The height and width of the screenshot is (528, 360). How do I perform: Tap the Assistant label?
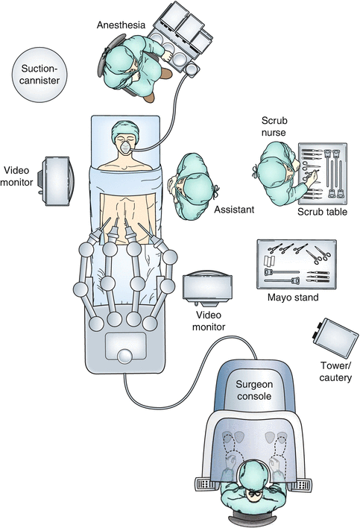pos(234,210)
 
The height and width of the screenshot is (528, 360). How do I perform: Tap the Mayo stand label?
pos(292,298)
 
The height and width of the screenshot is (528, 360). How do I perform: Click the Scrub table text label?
pos(322,212)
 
